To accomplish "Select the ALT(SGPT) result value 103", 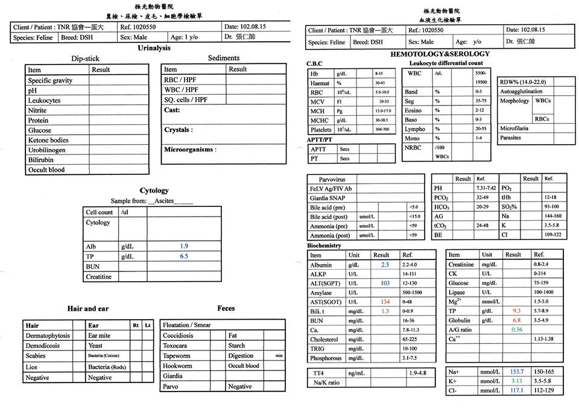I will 385,283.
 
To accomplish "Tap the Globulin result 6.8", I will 516,320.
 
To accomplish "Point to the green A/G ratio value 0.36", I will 516,329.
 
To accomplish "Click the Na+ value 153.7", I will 517,372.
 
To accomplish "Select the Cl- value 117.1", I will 517,391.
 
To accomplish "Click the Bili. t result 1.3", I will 385,311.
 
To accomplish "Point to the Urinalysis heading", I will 154,48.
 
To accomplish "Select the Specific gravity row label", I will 50,80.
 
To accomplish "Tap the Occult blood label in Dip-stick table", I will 46,170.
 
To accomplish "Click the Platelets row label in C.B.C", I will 320,130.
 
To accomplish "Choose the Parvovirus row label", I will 327,179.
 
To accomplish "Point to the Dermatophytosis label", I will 48,335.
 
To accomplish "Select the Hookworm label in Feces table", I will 177,366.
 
